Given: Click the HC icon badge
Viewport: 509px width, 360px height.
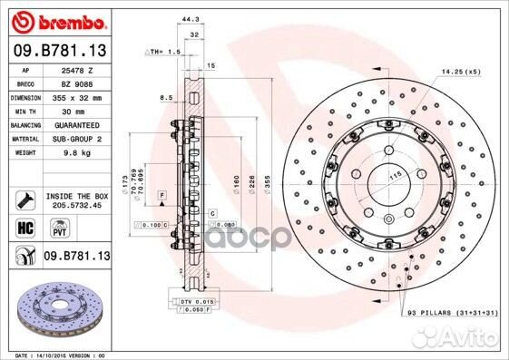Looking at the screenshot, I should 24,228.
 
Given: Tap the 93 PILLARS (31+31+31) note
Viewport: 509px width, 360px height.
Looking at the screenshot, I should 452,312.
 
